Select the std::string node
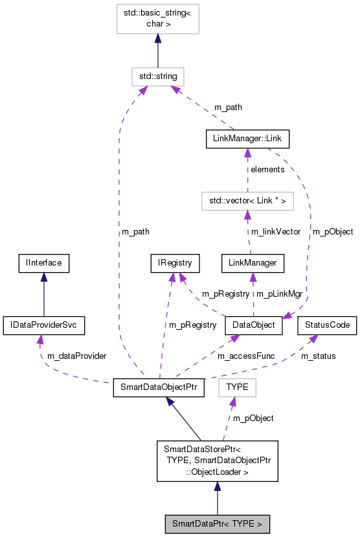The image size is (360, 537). tap(157, 76)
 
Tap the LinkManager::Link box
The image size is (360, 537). tap(247, 139)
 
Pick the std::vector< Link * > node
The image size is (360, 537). tap(247, 201)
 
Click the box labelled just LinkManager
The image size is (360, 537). tap(253, 263)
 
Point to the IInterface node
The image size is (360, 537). tap(43, 263)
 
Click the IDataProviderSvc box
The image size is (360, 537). tap(43, 325)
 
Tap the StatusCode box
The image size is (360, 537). tap(327, 325)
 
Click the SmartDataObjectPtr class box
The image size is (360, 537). tap(159, 388)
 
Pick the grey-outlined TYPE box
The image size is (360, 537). tap(238, 388)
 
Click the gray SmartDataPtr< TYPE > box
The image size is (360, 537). tap(217, 523)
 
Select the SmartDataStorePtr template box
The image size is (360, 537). tap(217, 461)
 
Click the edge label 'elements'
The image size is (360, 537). tap(267, 170)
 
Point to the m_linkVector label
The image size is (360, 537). tap(276, 232)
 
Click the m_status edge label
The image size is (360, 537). tap(319, 356)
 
